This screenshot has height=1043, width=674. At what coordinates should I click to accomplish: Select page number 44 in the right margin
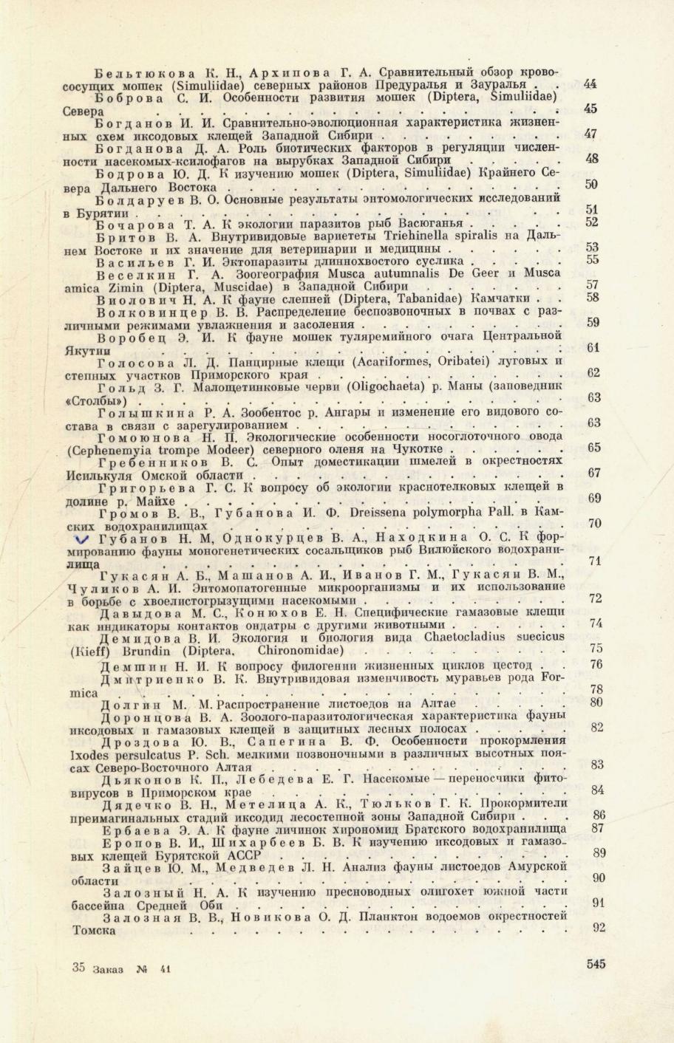coord(590,85)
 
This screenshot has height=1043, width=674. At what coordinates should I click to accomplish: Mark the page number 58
coord(592,297)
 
